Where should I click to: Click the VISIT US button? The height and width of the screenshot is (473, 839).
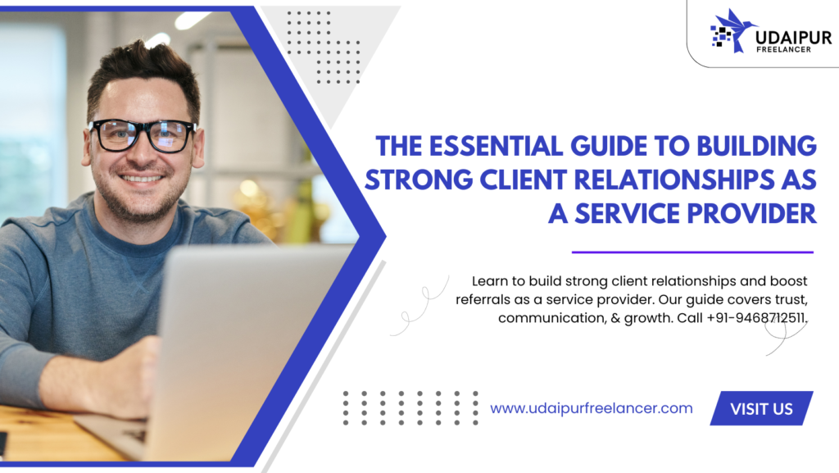(x=761, y=408)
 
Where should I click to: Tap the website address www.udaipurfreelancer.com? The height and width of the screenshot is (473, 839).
(x=592, y=408)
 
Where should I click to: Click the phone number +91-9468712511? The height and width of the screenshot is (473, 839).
(x=756, y=318)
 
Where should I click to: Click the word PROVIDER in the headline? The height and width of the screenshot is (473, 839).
(x=752, y=213)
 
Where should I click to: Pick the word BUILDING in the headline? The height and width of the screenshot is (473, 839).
(x=756, y=147)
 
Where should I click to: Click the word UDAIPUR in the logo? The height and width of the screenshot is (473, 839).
(x=793, y=38)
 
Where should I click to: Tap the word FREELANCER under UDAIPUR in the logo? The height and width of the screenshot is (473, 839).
(x=783, y=50)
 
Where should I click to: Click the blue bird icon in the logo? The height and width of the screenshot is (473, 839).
(x=735, y=30)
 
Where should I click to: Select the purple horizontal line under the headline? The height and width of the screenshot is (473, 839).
(x=692, y=252)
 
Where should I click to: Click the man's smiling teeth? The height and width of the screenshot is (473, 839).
(x=141, y=179)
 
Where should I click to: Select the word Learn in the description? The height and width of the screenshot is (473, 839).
(x=490, y=281)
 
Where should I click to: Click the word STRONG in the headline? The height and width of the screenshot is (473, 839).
(x=419, y=180)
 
